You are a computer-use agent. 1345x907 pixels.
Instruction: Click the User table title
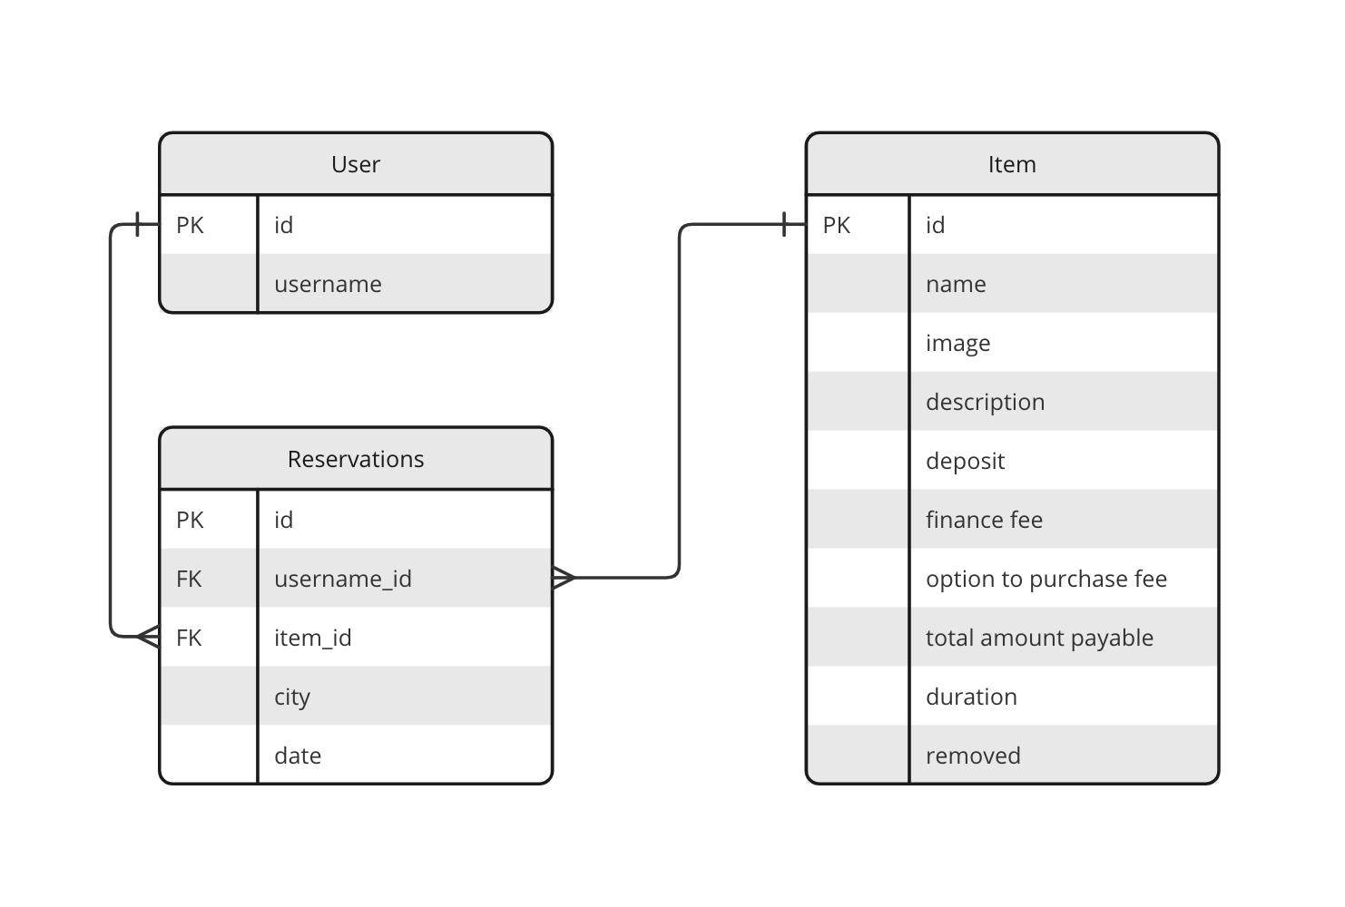coord(355,164)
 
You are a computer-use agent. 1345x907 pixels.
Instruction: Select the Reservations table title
coord(355,459)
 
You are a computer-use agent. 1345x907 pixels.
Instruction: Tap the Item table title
coord(1011,164)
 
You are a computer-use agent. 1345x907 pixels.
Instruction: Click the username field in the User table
coord(328,284)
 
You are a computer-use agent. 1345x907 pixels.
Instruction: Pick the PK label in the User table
coord(190,225)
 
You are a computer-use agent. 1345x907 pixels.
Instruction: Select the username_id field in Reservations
coord(342,579)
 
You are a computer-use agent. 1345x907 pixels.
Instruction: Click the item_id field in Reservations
coord(312,638)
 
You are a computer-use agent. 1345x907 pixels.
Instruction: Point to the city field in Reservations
coord(292,697)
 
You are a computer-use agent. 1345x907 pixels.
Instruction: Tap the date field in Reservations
coord(298,756)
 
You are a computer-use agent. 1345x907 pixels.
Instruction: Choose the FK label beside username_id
coord(189,579)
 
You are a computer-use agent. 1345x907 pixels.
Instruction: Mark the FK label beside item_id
coord(189,638)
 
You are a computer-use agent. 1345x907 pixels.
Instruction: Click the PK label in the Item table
coord(836,225)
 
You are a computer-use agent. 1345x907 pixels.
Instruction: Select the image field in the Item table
coord(957,343)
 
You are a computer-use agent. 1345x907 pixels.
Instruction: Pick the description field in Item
coord(985,402)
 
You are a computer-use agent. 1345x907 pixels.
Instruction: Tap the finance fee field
coord(984,520)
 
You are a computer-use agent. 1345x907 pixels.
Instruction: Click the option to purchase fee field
coord(1046,579)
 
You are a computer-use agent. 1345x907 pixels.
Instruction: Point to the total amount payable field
coord(1039,638)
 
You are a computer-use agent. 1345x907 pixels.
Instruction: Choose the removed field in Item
coord(973,756)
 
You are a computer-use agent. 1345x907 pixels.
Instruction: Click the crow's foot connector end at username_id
coord(564,577)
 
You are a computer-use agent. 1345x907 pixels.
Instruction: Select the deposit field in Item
coord(965,461)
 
